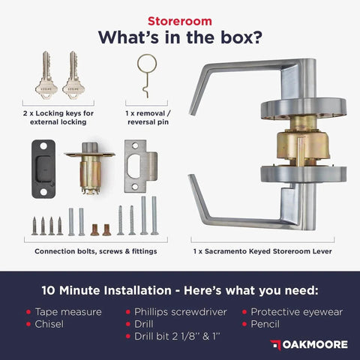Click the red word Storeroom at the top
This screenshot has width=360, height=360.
point(180,21)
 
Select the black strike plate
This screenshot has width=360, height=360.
point(43,169)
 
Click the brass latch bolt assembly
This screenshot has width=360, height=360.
point(90,168)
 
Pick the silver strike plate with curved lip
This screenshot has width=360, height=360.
point(141,166)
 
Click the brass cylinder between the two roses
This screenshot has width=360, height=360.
point(303,145)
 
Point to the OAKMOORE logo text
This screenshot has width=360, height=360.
point(315,345)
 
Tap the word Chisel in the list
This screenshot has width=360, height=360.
point(49,324)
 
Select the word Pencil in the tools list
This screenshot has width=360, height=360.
point(265,324)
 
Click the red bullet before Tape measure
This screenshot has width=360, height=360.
point(28,312)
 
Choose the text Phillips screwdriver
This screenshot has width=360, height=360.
point(181,312)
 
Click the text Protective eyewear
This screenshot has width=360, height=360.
point(297,312)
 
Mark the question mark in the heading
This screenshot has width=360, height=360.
point(256,37)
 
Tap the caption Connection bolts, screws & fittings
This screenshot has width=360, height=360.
point(96,251)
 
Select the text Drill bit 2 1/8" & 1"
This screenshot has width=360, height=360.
point(177,337)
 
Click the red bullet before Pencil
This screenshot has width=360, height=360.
point(244,324)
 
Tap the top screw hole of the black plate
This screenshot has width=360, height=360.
point(43,145)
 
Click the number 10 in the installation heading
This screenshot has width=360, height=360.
point(49,290)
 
